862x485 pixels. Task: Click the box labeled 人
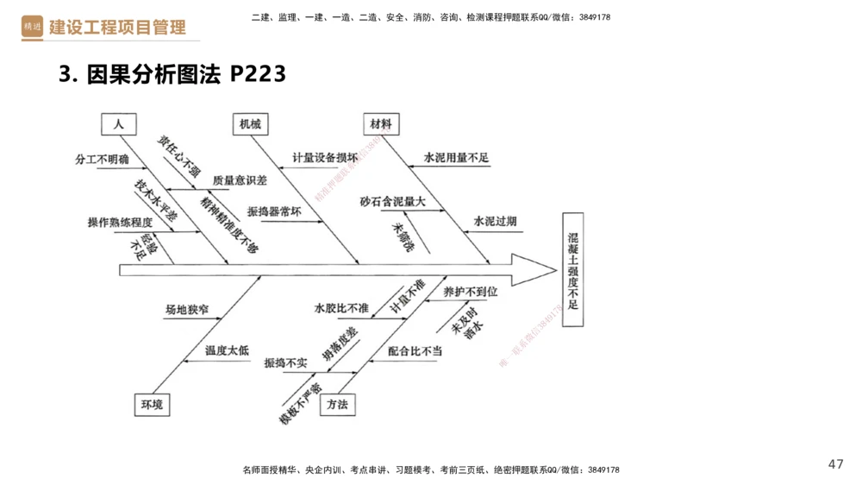point(118,124)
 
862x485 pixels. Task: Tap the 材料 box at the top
point(380,124)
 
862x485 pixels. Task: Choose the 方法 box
point(337,404)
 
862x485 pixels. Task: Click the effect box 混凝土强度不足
point(573,269)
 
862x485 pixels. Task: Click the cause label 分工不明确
point(102,160)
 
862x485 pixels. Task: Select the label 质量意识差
point(240,180)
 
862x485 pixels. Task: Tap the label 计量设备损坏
point(324,158)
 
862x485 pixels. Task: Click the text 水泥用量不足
point(456,158)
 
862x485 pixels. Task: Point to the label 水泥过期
point(495,221)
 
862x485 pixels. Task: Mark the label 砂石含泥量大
point(393,201)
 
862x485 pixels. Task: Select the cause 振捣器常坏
point(274,211)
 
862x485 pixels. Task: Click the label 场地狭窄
point(187,309)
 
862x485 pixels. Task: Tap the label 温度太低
point(227,350)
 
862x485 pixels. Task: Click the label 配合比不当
point(415,350)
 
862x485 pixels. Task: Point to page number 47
point(835,463)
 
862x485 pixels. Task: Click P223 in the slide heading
point(258,75)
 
